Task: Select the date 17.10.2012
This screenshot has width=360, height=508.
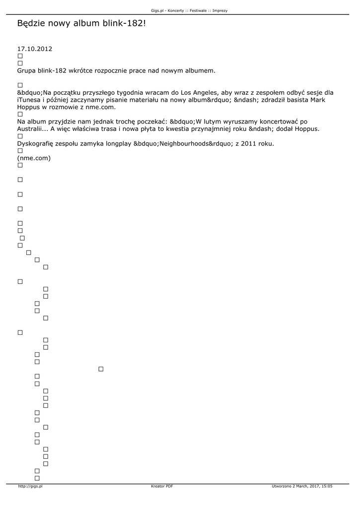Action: pyautogui.click(x=35, y=49)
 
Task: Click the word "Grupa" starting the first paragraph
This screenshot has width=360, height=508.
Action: pyautogui.click(x=27, y=70)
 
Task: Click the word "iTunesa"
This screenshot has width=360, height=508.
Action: pyautogui.click(x=30, y=100)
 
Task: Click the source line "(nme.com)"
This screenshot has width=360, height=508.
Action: pyautogui.click(x=34, y=158)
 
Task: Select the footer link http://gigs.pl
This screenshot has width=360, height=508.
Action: pyautogui.click(x=30, y=487)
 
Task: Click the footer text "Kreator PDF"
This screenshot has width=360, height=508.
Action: pyautogui.click(x=162, y=487)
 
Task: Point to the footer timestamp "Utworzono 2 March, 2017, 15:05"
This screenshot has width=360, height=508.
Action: pyautogui.click(x=302, y=487)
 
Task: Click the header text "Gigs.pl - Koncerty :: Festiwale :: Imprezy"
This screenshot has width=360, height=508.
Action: pyautogui.click(x=189, y=10)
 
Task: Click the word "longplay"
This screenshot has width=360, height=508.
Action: pyautogui.click(x=118, y=143)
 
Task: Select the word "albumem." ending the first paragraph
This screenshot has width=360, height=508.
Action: pyautogui.click(x=201, y=70)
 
